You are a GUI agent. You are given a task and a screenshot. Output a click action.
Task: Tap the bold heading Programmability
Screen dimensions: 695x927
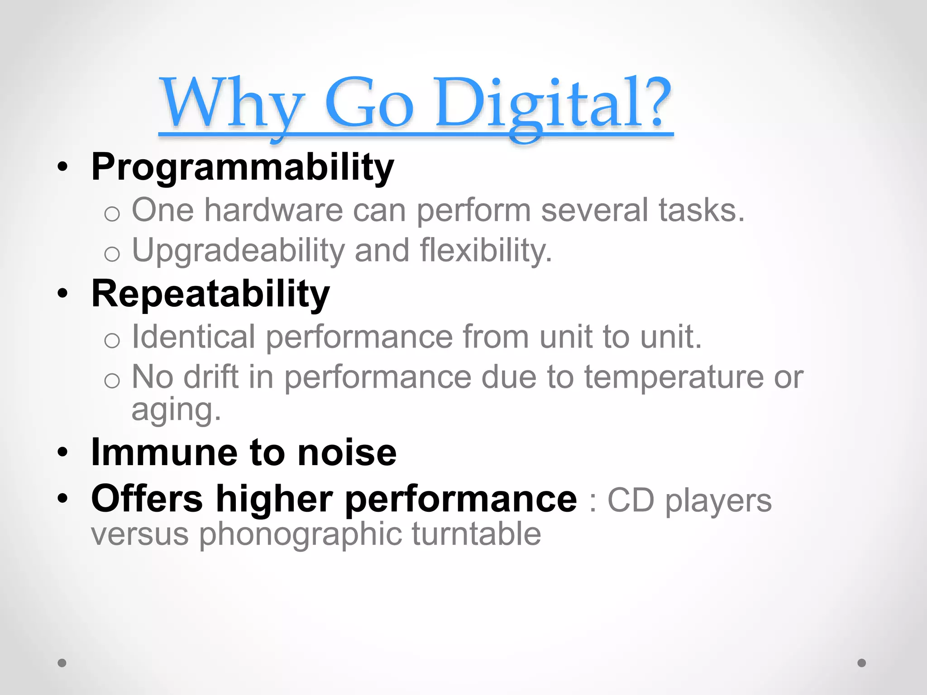[x=243, y=167]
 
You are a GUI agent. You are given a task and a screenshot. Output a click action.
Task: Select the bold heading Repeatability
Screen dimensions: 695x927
[x=210, y=294]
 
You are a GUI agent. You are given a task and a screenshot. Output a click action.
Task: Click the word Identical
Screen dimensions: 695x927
[x=193, y=337]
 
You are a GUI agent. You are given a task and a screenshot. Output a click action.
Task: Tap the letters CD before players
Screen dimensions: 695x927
[x=630, y=500]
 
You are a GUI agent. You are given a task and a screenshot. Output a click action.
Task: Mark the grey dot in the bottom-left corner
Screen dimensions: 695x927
[x=62, y=663]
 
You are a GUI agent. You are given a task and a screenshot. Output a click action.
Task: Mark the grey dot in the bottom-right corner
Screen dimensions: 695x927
[x=862, y=663]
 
